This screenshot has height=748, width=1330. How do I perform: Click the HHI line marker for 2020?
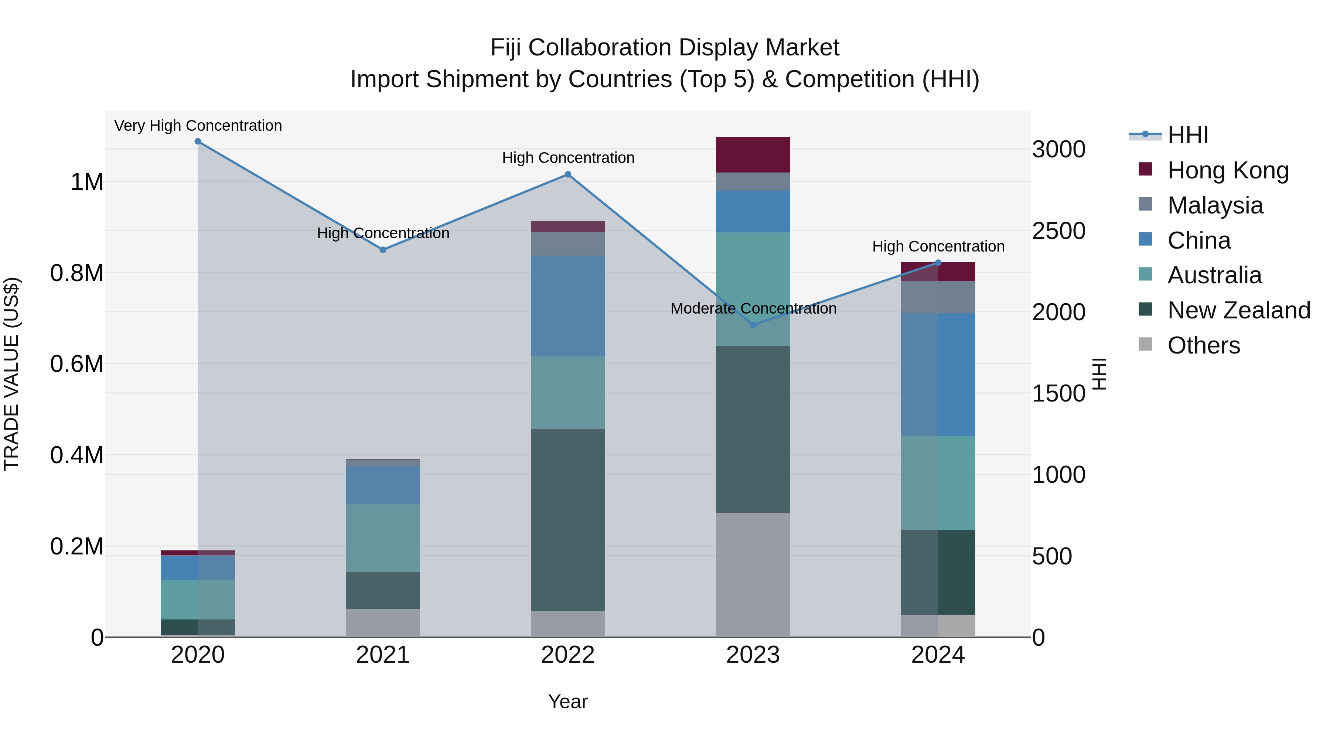pyautogui.click(x=198, y=141)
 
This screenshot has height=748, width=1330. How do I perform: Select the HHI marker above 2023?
pyautogui.click(x=753, y=325)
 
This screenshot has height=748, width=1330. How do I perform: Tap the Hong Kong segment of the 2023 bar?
pyautogui.click(x=753, y=155)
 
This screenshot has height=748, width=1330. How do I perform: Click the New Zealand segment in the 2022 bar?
pyautogui.click(x=568, y=520)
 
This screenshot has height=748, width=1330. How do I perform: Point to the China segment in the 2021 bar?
pyautogui.click(x=383, y=485)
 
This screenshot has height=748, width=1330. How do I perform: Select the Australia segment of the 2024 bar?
pyautogui.click(x=938, y=483)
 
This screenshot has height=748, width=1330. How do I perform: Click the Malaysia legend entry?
pyautogui.click(x=1215, y=205)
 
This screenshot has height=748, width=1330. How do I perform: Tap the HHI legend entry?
pyautogui.click(x=1187, y=135)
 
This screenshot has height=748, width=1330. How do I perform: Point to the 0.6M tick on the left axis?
pyautogui.click(x=77, y=364)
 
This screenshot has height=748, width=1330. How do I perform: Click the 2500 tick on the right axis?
pyautogui.click(x=1058, y=231)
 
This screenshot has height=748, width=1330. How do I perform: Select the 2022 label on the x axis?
pyautogui.click(x=568, y=655)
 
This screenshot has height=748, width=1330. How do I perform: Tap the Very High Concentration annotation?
pyautogui.click(x=198, y=126)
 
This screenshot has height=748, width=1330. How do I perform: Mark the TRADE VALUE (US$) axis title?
pyautogui.click(x=11, y=374)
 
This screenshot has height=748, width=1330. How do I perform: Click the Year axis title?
pyautogui.click(x=568, y=701)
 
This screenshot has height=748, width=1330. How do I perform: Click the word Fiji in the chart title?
pyautogui.click(x=505, y=48)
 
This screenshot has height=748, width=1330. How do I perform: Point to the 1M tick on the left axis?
pyautogui.click(x=87, y=182)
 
